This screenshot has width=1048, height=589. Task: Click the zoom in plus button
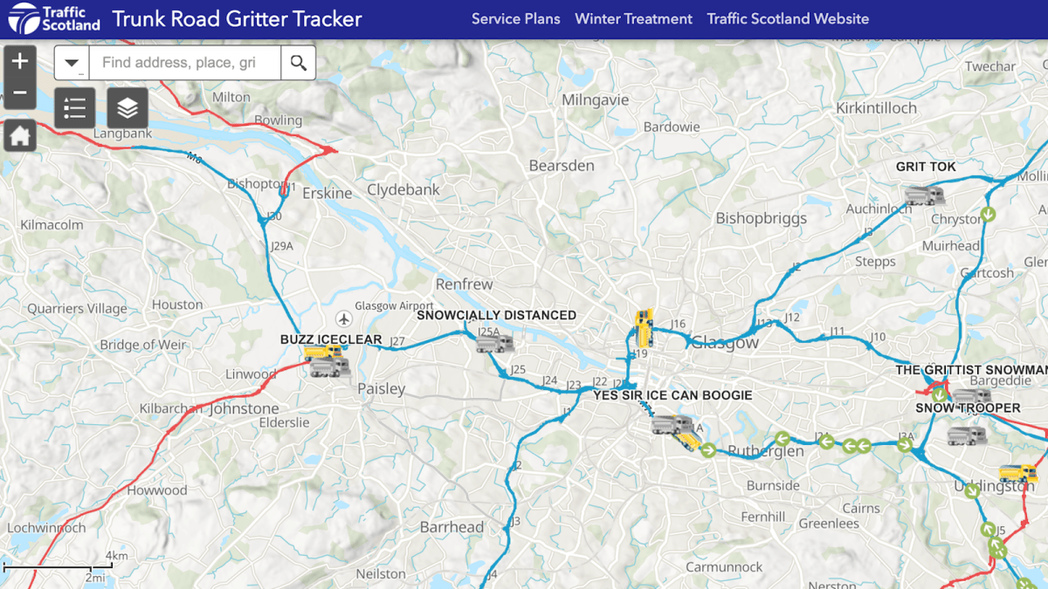(20, 62)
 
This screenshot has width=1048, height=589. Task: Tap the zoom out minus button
(20, 93)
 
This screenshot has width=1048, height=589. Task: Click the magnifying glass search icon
(299, 63)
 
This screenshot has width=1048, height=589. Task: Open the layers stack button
(128, 108)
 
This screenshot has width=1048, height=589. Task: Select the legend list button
(75, 108)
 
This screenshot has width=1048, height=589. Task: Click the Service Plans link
(515, 18)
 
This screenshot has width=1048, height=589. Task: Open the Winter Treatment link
(633, 18)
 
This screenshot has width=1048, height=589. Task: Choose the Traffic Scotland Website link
(788, 18)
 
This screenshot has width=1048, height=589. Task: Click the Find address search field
(183, 63)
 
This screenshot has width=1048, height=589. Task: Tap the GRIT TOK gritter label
(926, 167)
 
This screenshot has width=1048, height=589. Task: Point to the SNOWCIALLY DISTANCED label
(496, 315)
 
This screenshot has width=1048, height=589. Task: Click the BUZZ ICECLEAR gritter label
(331, 339)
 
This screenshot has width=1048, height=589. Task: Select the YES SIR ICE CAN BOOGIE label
(672, 395)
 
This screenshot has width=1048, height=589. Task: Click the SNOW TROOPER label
(968, 408)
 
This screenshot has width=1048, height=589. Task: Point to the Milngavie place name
(595, 99)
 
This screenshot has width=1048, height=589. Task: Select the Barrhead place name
(452, 527)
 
